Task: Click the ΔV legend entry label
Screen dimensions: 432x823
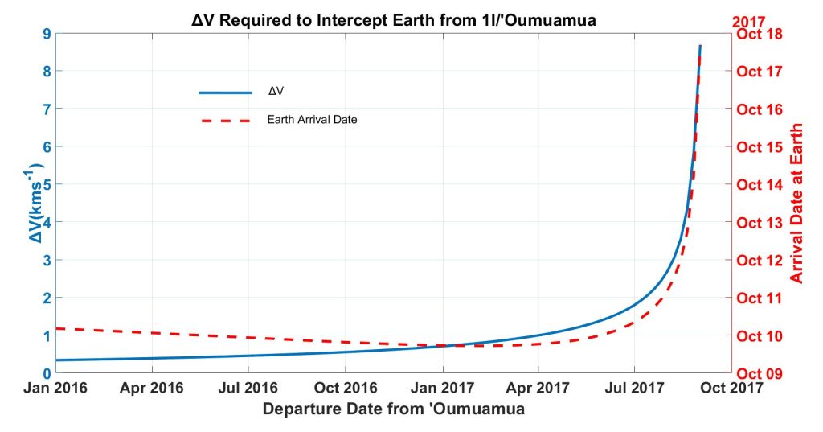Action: (275, 93)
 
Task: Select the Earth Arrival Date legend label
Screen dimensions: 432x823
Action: (312, 120)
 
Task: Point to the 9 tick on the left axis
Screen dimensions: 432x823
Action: (47, 34)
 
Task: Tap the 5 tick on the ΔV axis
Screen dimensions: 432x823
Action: (47, 184)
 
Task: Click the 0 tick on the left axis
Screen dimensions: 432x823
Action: (47, 373)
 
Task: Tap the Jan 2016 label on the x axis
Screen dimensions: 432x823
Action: (55, 389)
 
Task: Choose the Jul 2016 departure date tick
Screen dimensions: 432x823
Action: (248, 389)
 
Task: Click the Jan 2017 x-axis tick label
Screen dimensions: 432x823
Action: (442, 389)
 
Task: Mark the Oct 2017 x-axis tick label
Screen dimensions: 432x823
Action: (732, 389)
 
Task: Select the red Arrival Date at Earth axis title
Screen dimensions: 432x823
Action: (796, 203)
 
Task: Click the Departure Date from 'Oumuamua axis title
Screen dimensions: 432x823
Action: (393, 409)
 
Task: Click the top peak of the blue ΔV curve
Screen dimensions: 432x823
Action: (700, 47)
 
